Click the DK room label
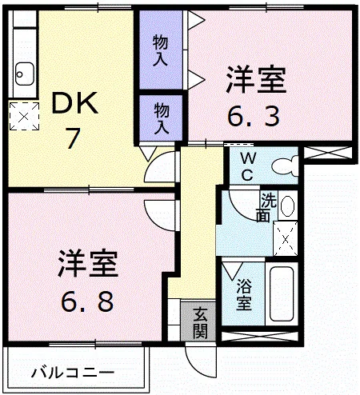(x=74, y=103)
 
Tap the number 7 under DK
(x=73, y=138)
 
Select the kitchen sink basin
(x=25, y=74)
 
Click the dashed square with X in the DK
(x=24, y=116)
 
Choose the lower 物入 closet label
(x=162, y=119)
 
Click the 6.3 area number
(x=254, y=116)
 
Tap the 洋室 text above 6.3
(x=256, y=80)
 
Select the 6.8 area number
(x=87, y=301)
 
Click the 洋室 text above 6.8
(x=88, y=264)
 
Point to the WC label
(x=247, y=167)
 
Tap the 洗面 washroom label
(x=269, y=207)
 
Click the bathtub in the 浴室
(x=282, y=294)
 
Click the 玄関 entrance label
(x=200, y=322)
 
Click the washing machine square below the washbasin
(x=286, y=238)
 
